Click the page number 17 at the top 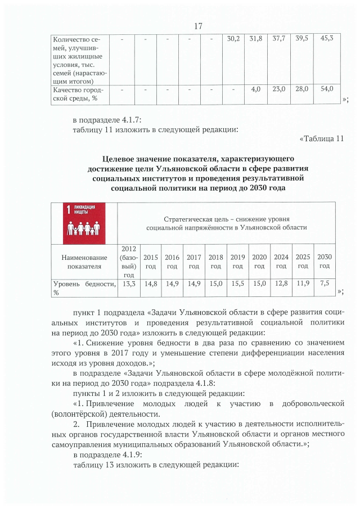[x=197, y=26]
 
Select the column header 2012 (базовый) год [x=129, y=261]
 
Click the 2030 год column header [x=325, y=261]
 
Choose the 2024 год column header [x=281, y=261]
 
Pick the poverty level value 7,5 [x=325, y=284]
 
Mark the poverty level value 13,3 [x=129, y=284]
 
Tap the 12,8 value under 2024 [x=281, y=284]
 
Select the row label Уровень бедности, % [x=84, y=288]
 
